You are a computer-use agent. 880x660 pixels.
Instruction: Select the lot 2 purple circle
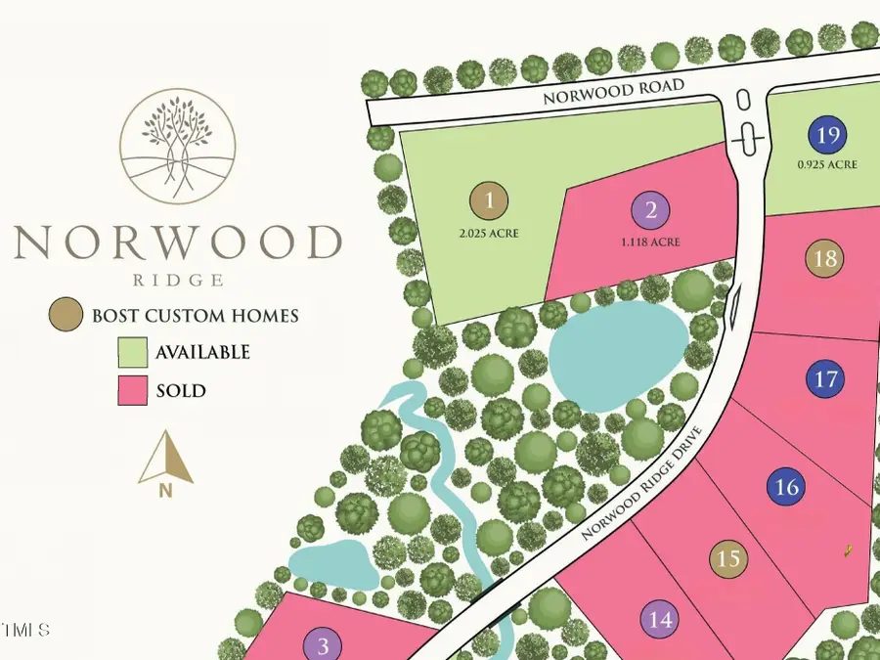[x=650, y=209]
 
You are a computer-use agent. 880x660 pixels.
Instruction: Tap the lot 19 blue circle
[x=827, y=136]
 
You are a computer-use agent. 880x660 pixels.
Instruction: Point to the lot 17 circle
[x=826, y=378]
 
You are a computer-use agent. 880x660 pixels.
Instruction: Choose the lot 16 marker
[x=787, y=486]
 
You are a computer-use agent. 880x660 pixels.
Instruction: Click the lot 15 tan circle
[x=727, y=558]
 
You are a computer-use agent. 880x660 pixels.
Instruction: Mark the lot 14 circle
[x=660, y=619]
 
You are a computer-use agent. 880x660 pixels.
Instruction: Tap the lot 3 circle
[x=322, y=645]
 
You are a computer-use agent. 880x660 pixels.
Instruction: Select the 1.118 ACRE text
[x=650, y=242]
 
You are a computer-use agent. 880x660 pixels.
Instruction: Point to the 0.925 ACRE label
[x=827, y=165]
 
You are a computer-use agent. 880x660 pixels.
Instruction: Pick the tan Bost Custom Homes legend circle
[x=66, y=316]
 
